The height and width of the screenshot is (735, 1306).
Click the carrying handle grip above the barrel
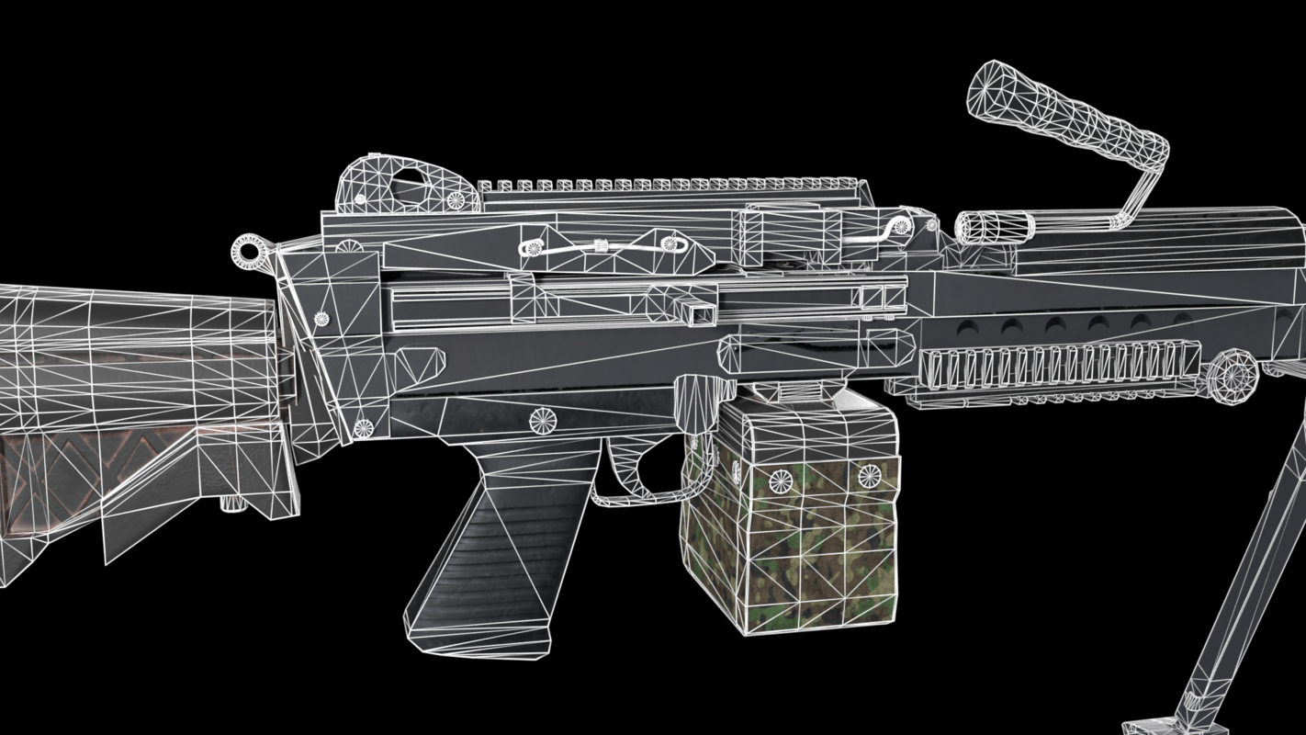[1065, 108]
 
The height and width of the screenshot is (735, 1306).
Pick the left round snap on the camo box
[781, 479]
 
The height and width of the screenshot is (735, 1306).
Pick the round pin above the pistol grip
[543, 420]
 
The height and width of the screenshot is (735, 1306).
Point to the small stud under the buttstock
[230, 503]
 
